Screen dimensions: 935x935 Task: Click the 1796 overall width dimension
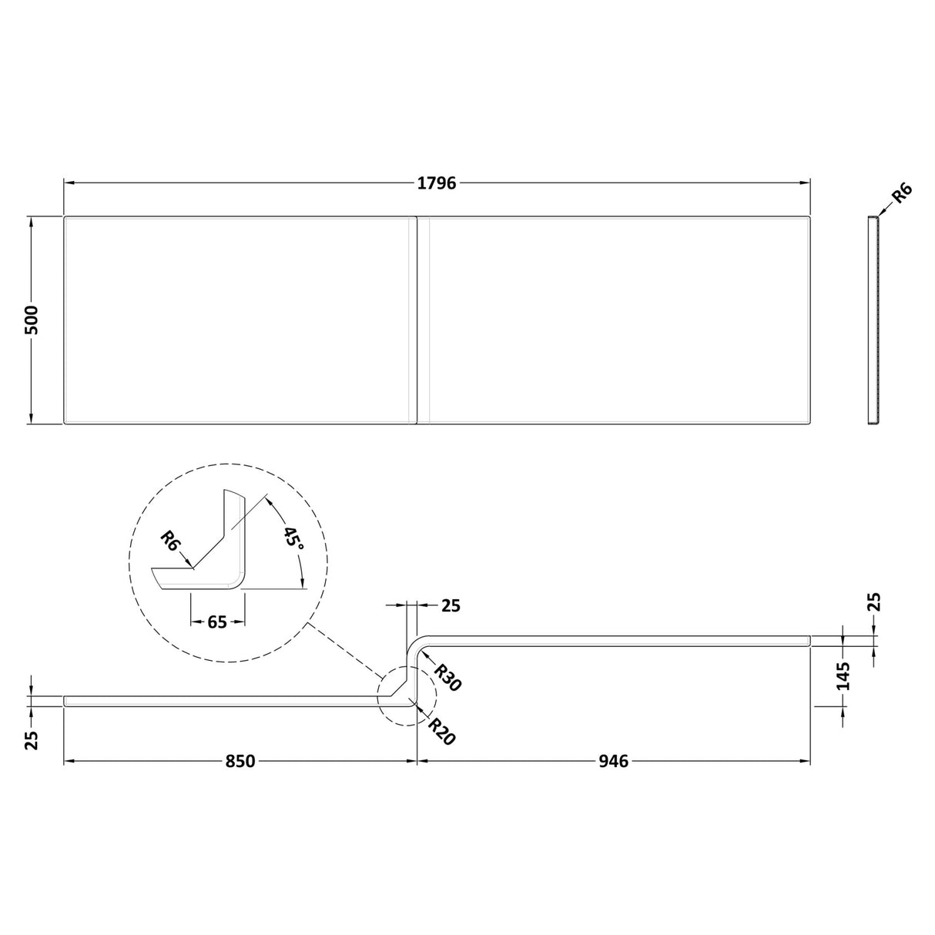pos(437,183)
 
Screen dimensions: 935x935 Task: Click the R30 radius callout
pos(446,678)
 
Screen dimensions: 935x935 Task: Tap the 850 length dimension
pos(240,761)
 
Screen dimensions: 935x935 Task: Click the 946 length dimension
pos(613,761)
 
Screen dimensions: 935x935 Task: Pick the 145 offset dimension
pos(843,675)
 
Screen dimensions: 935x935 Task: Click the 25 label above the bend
pos(451,606)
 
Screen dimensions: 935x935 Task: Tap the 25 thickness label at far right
pos(874,602)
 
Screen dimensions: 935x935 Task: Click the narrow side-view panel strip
pos(873,320)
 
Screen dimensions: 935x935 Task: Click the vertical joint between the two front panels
pos(417,320)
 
